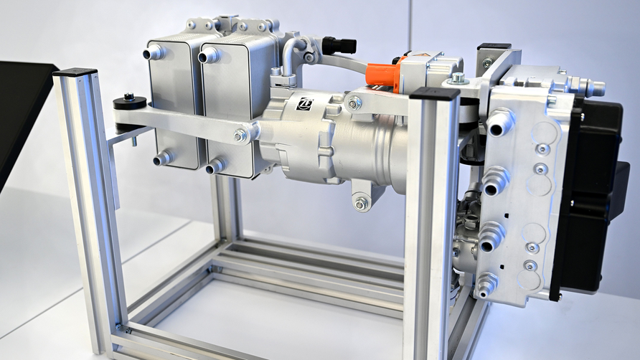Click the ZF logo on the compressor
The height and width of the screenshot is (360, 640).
pyautogui.click(x=303, y=103)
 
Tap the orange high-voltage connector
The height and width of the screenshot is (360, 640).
pyautogui.click(x=382, y=75)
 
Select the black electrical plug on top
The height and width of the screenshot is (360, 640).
pyautogui.click(x=339, y=45)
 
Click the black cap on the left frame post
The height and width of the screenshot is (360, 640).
pyautogui.click(x=75, y=72)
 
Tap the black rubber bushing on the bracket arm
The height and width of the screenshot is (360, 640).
pyautogui.click(x=130, y=103)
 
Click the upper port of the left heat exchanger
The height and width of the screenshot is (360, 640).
pyautogui.click(x=154, y=52)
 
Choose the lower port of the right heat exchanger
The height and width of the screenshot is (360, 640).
pyautogui.click(x=215, y=167)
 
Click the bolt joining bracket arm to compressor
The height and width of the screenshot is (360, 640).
pyautogui.click(x=240, y=134)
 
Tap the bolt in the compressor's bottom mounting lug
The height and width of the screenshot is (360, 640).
pyautogui.click(x=360, y=204)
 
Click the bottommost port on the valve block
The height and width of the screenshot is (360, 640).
pyautogui.click(x=486, y=285)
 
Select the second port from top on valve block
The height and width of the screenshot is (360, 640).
pyautogui.click(x=494, y=181)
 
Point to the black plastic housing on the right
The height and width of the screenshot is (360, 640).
pyautogui.click(x=594, y=194)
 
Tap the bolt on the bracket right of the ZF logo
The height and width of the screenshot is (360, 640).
pyautogui.click(x=354, y=103)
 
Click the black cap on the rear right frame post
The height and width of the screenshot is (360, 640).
pyautogui.click(x=494, y=47)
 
